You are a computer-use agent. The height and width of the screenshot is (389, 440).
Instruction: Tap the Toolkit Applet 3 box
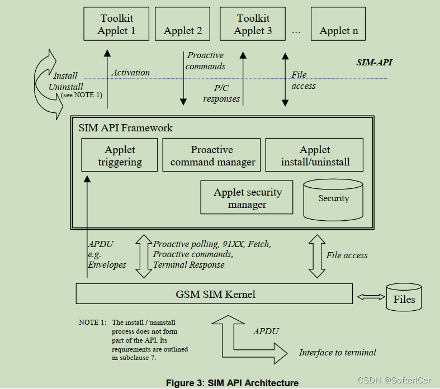click(x=253, y=25)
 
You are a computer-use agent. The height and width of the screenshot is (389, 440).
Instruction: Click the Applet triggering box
click(x=120, y=156)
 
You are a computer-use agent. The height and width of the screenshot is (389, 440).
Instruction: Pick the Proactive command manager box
click(x=212, y=156)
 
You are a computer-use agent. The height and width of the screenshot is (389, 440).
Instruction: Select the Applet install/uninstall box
click(x=314, y=156)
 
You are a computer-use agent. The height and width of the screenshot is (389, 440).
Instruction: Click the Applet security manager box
click(x=247, y=198)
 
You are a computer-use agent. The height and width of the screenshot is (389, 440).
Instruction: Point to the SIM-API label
click(x=374, y=62)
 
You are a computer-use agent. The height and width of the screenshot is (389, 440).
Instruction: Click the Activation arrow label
click(x=130, y=73)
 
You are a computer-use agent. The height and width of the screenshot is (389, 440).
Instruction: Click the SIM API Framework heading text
click(x=126, y=128)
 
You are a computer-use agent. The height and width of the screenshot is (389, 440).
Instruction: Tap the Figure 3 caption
click(x=232, y=383)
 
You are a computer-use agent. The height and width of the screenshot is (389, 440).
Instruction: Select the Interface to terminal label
click(x=337, y=352)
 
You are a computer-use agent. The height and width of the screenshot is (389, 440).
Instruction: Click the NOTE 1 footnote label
click(x=92, y=322)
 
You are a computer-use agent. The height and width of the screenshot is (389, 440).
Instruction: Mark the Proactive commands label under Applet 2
click(x=206, y=60)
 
